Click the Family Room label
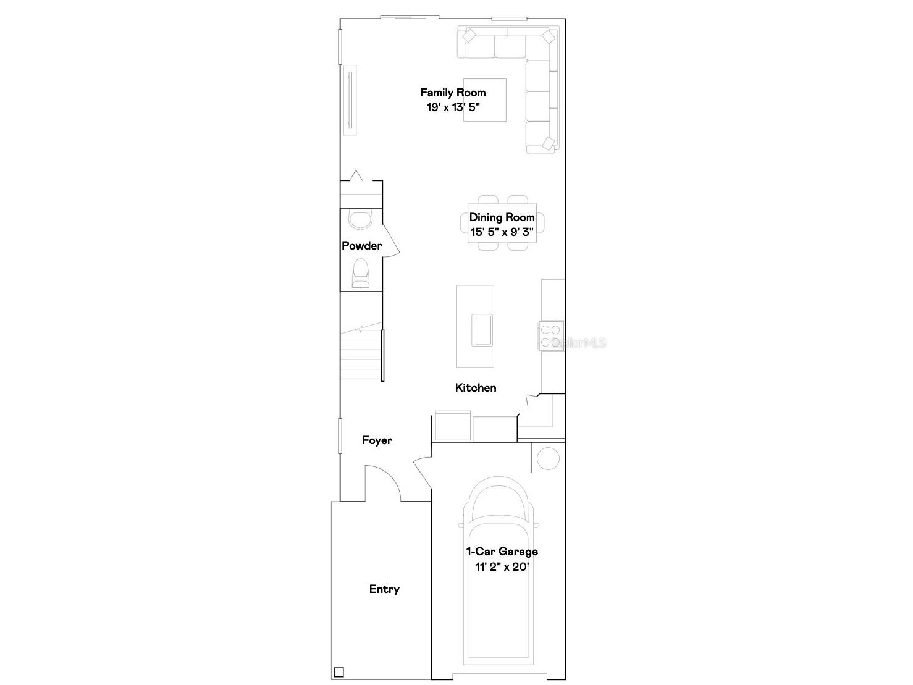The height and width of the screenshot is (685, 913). [453, 92]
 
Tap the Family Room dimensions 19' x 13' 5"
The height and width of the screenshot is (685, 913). [453, 107]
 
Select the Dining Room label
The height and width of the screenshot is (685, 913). [502, 217]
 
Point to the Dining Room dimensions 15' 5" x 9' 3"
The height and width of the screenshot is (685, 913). [502, 232]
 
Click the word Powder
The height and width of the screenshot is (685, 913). [362, 245]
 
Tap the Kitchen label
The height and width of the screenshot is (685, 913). [476, 388]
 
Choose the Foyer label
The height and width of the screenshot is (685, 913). [377, 440]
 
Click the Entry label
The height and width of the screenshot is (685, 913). [384, 589]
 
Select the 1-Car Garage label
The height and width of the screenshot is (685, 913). [502, 552]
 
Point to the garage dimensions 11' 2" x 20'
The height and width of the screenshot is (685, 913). [502, 566]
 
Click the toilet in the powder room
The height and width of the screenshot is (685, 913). [361, 273]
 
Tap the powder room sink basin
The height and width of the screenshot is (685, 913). [360, 220]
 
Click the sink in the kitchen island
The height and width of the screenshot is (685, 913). [482, 330]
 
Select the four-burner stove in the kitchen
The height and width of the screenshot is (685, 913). [551, 336]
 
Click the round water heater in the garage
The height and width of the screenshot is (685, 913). [548, 458]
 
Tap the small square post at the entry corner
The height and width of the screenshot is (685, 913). [339, 672]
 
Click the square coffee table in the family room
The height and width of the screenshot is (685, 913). [485, 100]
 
